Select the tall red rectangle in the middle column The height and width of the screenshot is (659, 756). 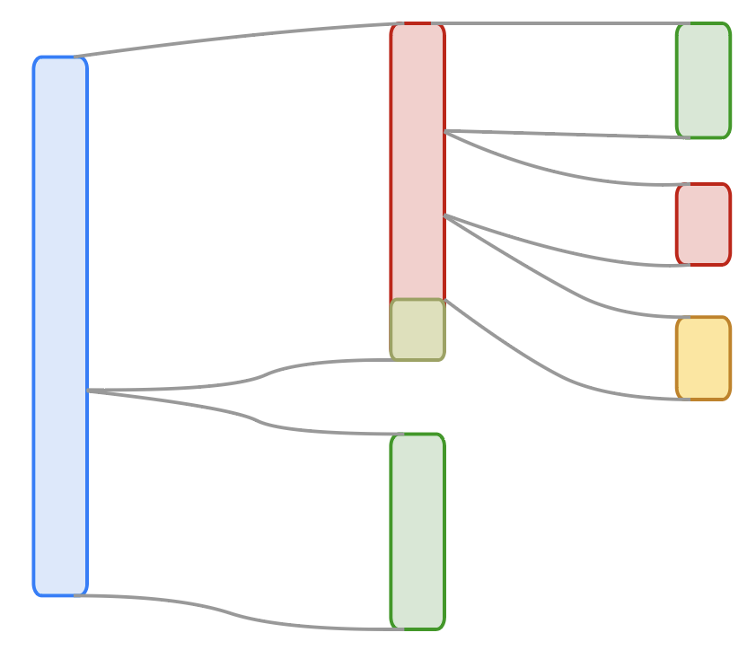418,162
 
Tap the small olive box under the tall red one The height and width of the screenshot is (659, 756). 418,329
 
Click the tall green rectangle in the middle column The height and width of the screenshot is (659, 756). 418,532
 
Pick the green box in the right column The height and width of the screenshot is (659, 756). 703,81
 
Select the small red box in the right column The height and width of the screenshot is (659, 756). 703,224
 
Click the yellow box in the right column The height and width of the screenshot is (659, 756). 703,358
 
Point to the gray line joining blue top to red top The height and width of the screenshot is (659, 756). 233,37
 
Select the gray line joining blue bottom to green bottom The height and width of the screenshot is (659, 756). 233,613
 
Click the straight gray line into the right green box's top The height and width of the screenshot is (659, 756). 557,23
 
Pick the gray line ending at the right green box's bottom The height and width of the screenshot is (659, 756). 566,135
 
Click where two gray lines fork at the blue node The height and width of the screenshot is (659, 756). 89,391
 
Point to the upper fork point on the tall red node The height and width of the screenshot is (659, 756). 446,131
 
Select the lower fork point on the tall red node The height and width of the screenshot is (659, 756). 446,215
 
